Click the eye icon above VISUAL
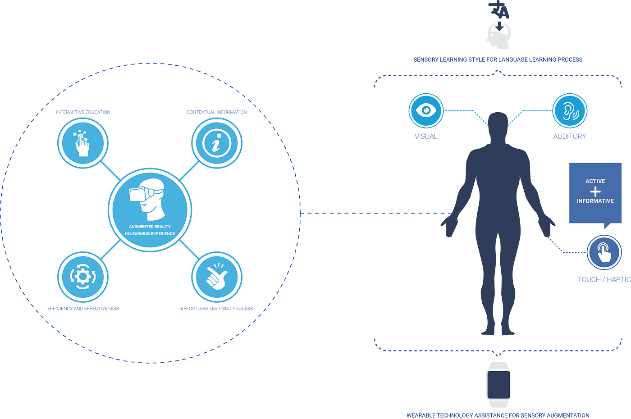click(x=425, y=110)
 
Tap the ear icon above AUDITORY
click(x=570, y=111)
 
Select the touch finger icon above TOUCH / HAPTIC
click(x=604, y=252)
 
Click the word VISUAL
click(x=426, y=136)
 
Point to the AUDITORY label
click(x=570, y=136)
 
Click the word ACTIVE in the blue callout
click(x=595, y=181)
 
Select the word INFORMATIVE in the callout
click(x=595, y=201)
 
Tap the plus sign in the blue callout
click(x=595, y=191)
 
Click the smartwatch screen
click(x=498, y=385)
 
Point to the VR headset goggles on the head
click(x=141, y=194)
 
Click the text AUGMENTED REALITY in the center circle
click(x=150, y=227)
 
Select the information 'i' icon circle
click(x=217, y=143)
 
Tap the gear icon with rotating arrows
click(x=82, y=277)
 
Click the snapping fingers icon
click(x=217, y=277)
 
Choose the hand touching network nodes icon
click(x=82, y=143)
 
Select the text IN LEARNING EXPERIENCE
click(x=150, y=233)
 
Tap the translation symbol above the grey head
click(x=498, y=9)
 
